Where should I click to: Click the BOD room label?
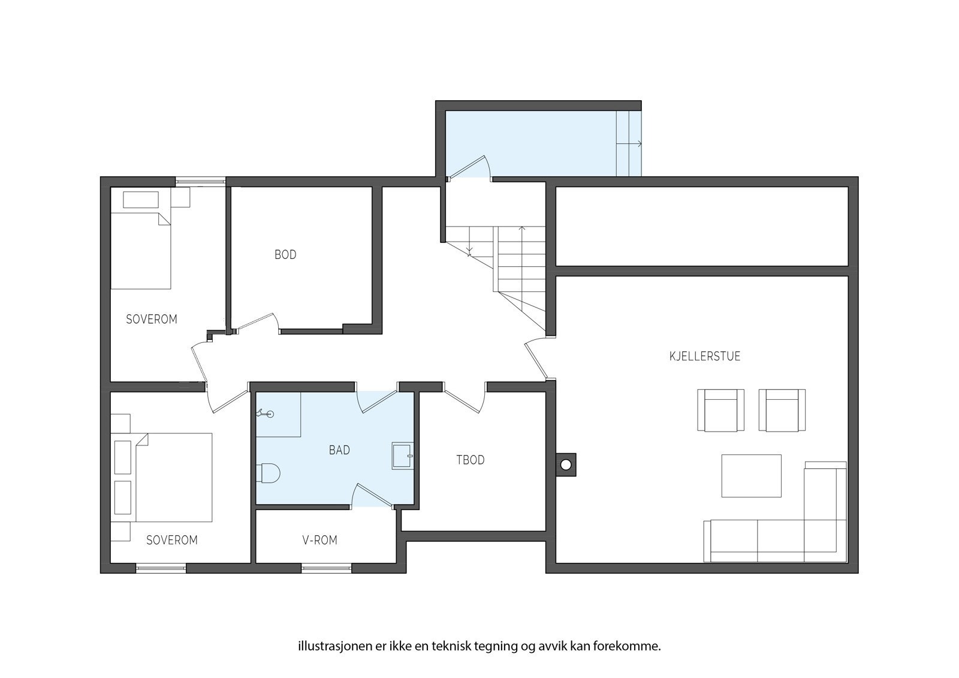pyautogui.click(x=285, y=254)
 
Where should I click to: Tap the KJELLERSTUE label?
pyautogui.click(x=705, y=356)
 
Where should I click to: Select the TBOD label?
pyautogui.click(x=470, y=460)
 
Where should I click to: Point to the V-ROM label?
pyautogui.click(x=320, y=540)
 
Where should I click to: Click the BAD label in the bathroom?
pyautogui.click(x=339, y=450)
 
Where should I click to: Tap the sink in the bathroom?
pyautogui.click(x=402, y=456)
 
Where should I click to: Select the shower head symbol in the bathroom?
pyautogui.click(x=265, y=413)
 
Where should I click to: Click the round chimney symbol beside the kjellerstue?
pyautogui.click(x=566, y=465)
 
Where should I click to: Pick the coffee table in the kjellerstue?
pyautogui.click(x=752, y=476)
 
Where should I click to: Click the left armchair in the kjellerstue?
pyautogui.click(x=720, y=410)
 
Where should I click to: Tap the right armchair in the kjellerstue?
pyautogui.click(x=782, y=410)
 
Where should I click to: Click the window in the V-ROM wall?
pyautogui.click(x=326, y=568)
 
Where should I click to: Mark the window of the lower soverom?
pyautogui.click(x=161, y=568)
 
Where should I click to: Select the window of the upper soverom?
pyautogui.click(x=200, y=182)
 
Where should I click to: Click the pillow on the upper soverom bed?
pyautogui.click(x=141, y=200)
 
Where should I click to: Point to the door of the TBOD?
pyautogui.click(x=465, y=398)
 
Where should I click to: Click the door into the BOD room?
pyautogui.click(x=258, y=323)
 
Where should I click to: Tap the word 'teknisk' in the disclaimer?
pyautogui.click(x=451, y=646)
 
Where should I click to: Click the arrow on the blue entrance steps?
pyautogui.click(x=629, y=144)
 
